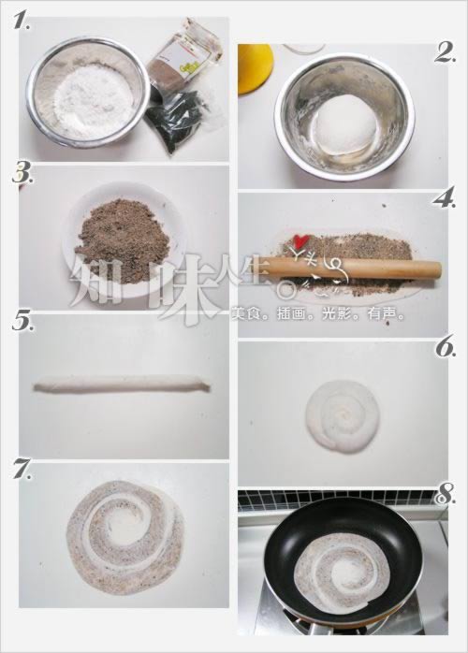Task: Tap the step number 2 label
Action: (445, 53)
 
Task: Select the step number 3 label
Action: (22, 175)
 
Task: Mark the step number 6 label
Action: (445, 348)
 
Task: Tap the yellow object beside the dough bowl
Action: (253, 67)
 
